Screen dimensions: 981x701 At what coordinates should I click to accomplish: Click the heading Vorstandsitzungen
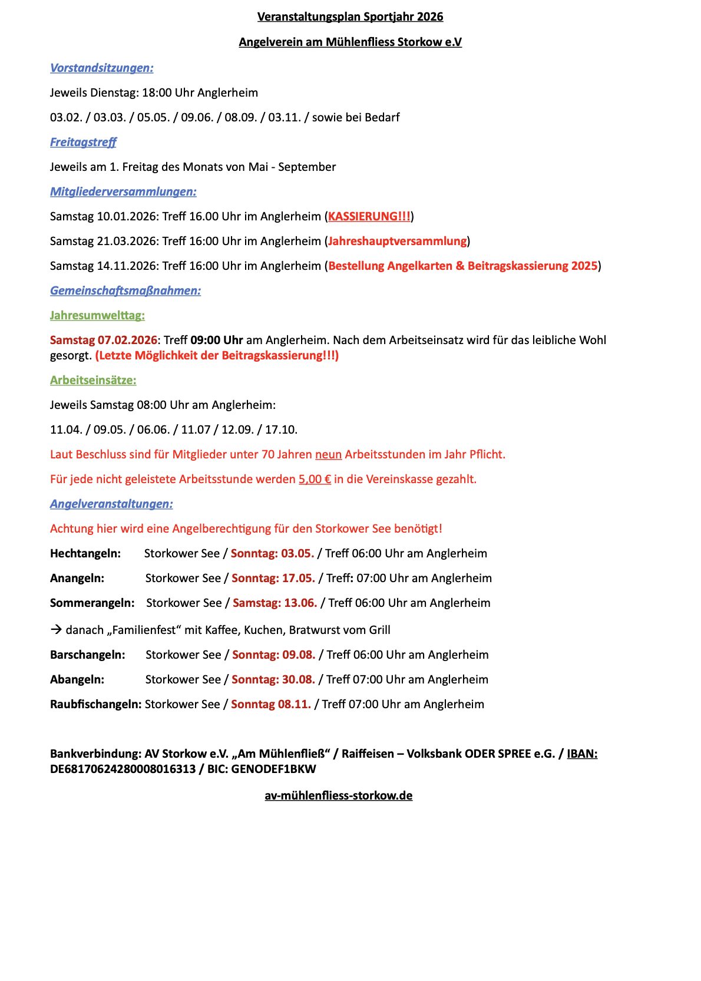(x=101, y=68)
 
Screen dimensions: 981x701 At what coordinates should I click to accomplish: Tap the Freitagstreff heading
(x=83, y=142)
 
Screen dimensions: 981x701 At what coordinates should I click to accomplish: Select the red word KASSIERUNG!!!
(x=369, y=216)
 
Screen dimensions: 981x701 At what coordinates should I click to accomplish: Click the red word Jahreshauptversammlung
(x=397, y=241)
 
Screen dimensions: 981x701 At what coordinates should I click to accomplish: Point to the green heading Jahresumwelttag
(x=97, y=315)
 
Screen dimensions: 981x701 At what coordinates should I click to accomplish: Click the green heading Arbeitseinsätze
(x=93, y=380)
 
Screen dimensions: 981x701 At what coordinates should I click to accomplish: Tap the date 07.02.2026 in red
(x=127, y=340)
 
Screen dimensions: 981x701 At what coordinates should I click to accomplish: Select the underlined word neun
(x=328, y=454)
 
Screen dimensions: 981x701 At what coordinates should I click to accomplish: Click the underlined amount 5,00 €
(x=315, y=479)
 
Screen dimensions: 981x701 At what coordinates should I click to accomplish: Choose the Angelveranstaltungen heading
(x=111, y=504)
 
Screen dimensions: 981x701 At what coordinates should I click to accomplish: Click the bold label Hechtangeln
(x=85, y=553)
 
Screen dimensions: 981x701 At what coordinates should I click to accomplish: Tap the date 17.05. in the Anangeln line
(x=298, y=578)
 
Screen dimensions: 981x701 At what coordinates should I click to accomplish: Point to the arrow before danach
(x=56, y=630)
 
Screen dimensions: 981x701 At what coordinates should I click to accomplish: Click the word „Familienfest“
(x=144, y=630)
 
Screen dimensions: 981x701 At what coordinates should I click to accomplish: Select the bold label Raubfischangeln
(x=95, y=704)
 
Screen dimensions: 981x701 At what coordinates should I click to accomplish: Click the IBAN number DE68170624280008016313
(x=123, y=769)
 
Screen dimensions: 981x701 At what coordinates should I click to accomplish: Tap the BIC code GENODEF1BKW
(x=273, y=769)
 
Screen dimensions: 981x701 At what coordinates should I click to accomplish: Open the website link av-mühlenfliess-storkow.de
(x=338, y=795)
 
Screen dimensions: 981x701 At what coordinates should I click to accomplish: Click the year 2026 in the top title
(x=429, y=16)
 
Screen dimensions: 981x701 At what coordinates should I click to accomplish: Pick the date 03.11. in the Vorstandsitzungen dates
(x=285, y=117)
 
